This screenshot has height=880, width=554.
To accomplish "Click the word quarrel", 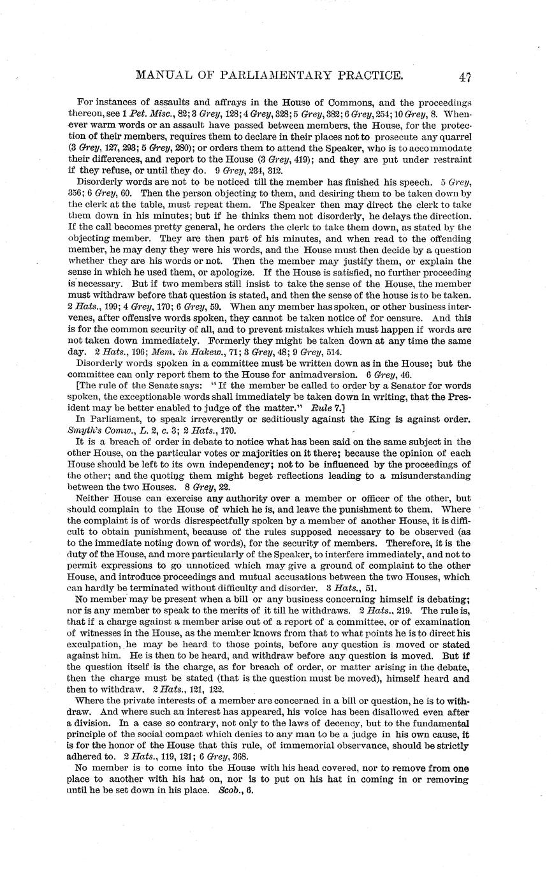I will click(x=455, y=135).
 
